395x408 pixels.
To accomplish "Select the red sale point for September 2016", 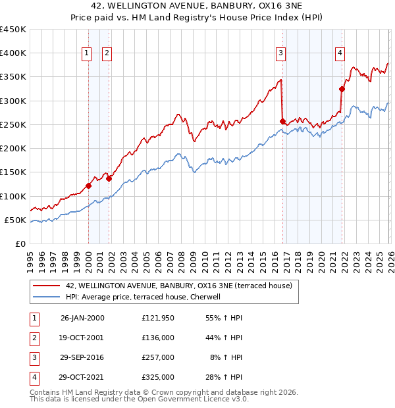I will [283, 121].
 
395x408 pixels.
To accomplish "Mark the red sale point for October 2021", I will [342, 89].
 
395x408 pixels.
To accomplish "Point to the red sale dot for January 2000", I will [88, 186].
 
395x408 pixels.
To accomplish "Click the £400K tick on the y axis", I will [13, 53].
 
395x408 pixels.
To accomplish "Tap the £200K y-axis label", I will [13, 149].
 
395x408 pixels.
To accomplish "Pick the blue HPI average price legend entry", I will [142, 297].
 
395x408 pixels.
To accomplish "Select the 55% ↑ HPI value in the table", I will [224, 317].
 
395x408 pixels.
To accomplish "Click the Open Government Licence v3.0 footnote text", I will [191, 399].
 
